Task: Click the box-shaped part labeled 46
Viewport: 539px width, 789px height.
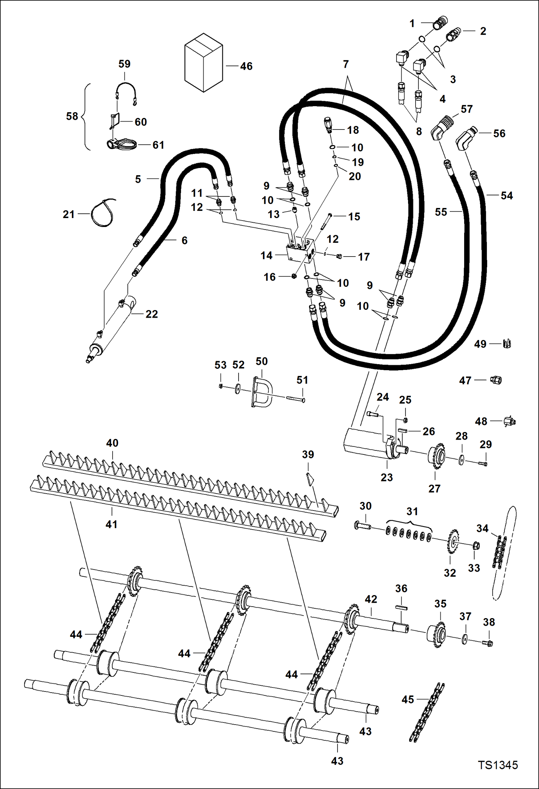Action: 203,63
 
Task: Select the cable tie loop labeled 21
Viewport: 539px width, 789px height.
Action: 102,214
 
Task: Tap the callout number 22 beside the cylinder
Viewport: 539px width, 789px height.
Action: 151,314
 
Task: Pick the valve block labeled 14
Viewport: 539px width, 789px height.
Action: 300,251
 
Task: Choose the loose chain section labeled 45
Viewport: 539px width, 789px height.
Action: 427,712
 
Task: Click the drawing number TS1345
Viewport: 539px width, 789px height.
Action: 498,765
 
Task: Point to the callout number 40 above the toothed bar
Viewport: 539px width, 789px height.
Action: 112,443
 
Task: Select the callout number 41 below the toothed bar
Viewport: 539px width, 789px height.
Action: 112,524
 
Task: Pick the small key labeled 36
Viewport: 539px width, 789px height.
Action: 401,607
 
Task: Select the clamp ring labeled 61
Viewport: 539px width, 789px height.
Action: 122,145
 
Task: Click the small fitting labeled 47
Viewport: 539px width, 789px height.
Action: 496,380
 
